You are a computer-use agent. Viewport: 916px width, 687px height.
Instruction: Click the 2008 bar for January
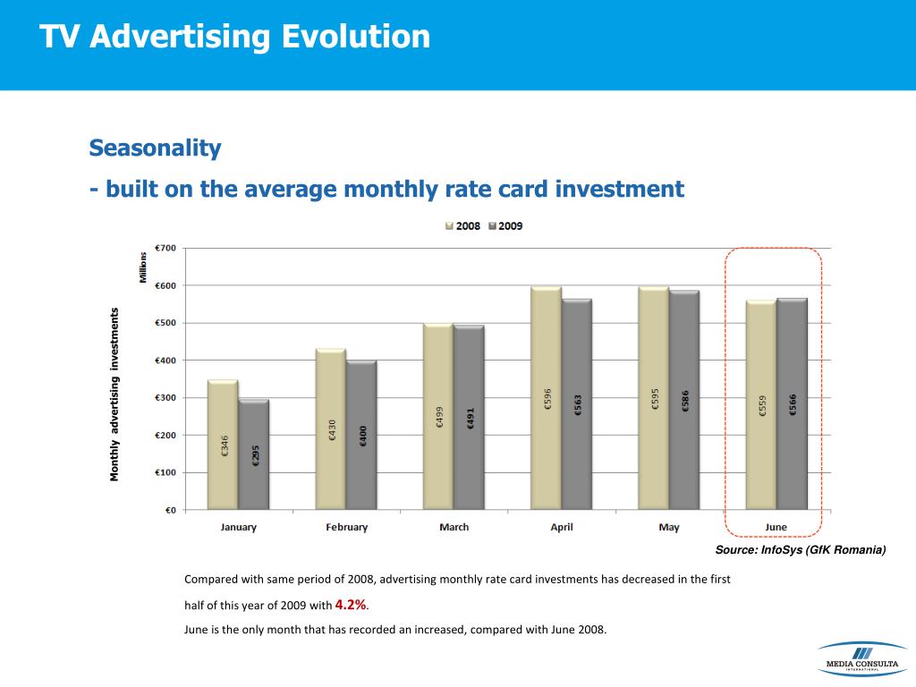click(x=223, y=445)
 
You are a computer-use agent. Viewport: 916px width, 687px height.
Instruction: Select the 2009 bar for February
click(x=361, y=434)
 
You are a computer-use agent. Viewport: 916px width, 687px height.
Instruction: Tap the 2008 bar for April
click(x=546, y=398)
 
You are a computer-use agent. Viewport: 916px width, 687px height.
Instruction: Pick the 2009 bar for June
click(x=792, y=403)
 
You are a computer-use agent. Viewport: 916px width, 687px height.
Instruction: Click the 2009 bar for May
click(x=684, y=400)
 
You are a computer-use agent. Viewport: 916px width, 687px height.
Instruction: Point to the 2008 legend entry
click(x=463, y=226)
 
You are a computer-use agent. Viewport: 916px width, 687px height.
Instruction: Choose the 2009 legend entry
click(x=506, y=226)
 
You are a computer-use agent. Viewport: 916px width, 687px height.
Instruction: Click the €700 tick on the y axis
click(x=165, y=248)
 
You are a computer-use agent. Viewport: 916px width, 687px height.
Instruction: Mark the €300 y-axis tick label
click(x=165, y=397)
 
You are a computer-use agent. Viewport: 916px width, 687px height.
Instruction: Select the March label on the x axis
click(x=454, y=527)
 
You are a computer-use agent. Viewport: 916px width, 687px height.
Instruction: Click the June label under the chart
click(x=776, y=527)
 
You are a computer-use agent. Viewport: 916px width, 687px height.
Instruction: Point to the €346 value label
click(x=225, y=445)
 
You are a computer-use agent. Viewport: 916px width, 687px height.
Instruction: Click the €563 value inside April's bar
click(x=578, y=404)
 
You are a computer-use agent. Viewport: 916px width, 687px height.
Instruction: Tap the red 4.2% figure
click(x=351, y=605)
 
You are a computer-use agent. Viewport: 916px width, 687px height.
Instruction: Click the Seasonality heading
click(x=155, y=148)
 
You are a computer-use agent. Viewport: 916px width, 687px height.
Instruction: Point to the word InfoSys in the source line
click(x=780, y=549)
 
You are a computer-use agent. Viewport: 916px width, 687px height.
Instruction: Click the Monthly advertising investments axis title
click(x=114, y=394)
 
